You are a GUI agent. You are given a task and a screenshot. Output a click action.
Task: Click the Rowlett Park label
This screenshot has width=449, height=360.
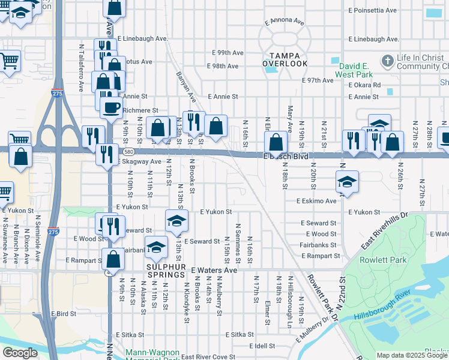[x=383, y=260]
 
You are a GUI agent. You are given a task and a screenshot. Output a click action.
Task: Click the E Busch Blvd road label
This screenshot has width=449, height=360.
[x=286, y=156]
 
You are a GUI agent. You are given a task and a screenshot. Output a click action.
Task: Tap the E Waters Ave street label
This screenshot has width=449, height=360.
[x=214, y=271]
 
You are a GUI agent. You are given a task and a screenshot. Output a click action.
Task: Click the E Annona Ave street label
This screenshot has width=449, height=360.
[x=285, y=23]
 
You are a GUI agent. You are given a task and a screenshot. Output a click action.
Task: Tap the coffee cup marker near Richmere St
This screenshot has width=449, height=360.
[x=110, y=108]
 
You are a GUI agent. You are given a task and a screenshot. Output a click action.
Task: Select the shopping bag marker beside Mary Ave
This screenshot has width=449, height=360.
[x=276, y=143]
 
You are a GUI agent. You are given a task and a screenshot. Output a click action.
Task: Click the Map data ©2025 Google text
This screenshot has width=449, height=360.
[x=412, y=355]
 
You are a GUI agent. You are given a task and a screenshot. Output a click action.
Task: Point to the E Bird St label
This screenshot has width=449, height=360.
[x=61, y=314]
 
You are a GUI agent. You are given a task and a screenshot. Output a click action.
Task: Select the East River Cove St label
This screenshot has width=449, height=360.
[x=208, y=357]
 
